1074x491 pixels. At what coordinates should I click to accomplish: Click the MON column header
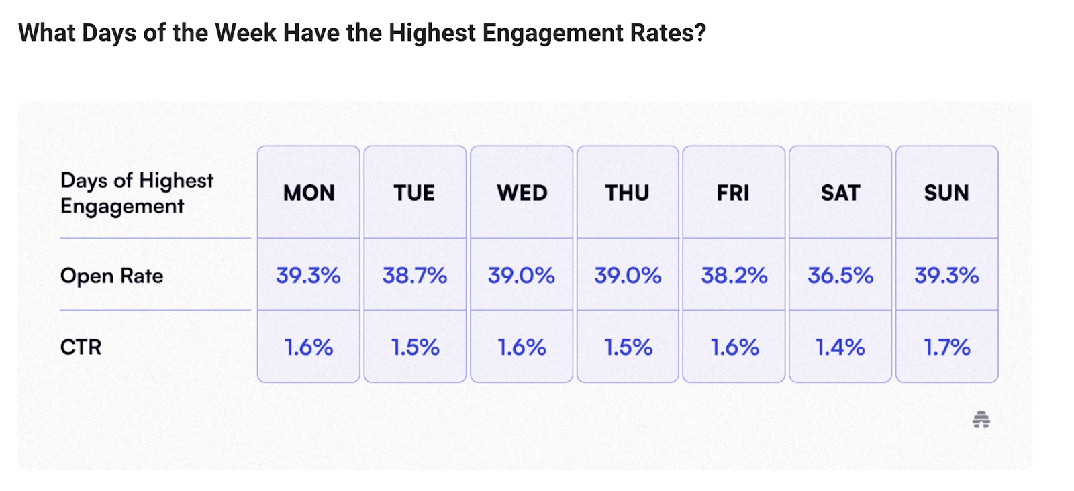309,193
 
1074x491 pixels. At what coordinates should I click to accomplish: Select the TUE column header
414,193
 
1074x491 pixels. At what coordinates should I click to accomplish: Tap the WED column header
522,193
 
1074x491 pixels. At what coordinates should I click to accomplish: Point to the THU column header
627,193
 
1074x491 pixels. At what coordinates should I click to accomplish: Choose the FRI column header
733,193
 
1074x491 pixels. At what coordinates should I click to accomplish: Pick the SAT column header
840,193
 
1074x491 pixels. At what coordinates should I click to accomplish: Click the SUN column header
946,193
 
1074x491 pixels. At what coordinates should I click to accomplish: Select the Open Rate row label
111,276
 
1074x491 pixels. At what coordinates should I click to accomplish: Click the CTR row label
81,347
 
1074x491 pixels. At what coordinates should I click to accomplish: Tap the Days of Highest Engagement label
136,193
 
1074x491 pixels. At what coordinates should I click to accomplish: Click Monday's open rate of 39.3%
308,276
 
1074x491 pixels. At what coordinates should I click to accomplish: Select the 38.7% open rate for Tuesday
415,276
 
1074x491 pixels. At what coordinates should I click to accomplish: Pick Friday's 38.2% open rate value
734,276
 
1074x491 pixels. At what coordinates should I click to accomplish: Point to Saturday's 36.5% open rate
840,276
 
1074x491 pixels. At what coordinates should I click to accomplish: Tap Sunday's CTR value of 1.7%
946,347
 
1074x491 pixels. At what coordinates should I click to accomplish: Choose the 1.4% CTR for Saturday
840,347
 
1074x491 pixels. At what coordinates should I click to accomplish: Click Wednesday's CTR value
522,347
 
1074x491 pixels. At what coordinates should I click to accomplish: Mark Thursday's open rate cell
628,276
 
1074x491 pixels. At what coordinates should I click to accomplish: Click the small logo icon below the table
981,420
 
